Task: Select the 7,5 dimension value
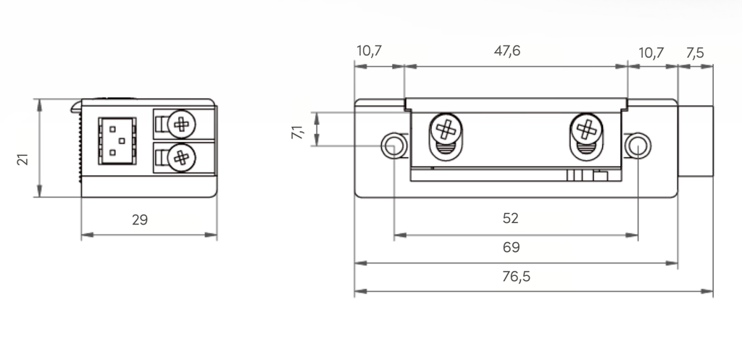pyautogui.click(x=693, y=52)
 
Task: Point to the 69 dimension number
pyautogui.click(x=511, y=248)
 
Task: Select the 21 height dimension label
pyautogui.click(x=22, y=159)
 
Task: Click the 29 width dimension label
pyautogui.click(x=140, y=220)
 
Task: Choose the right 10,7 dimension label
pyautogui.click(x=651, y=52)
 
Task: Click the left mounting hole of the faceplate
pyautogui.click(x=393, y=145)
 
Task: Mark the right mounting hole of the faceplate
pyautogui.click(x=637, y=145)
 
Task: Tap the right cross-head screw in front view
pyautogui.click(x=585, y=130)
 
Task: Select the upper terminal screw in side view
pyautogui.click(x=181, y=124)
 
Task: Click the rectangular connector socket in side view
pyautogui.click(x=116, y=138)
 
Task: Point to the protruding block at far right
pyautogui.click(x=695, y=143)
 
